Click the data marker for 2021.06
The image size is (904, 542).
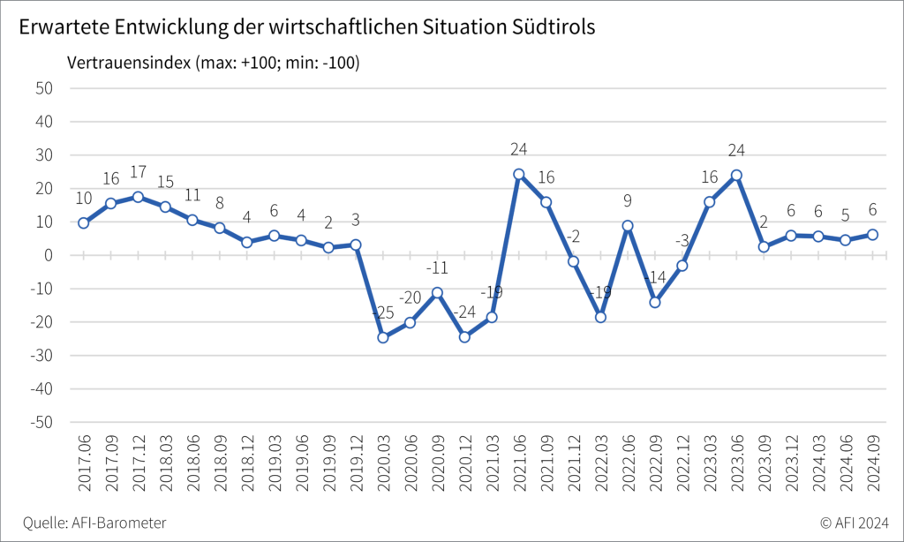coord(519,175)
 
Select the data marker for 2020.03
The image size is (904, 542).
coord(383,337)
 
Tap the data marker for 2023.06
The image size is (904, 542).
coord(736,175)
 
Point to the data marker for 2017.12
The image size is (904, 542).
coord(138,197)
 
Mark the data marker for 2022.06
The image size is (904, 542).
coord(628,225)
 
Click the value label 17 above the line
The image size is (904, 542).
coord(138,172)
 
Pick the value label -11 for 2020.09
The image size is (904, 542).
coord(438,267)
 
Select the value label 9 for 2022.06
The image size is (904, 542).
coord(628,200)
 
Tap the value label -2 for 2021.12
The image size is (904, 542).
coord(574,236)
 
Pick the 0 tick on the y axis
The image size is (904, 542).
coord(49,255)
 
